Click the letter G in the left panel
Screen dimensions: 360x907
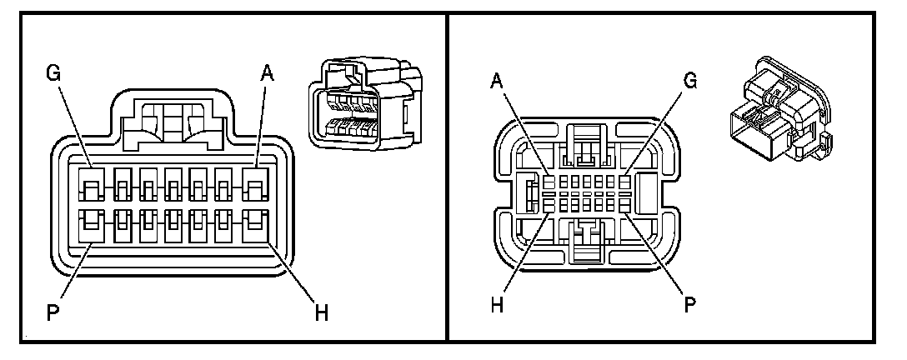[x=54, y=74]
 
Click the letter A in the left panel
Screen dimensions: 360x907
[x=267, y=74]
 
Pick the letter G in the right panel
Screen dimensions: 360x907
[x=689, y=81]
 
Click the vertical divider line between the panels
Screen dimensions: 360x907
[x=448, y=180]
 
